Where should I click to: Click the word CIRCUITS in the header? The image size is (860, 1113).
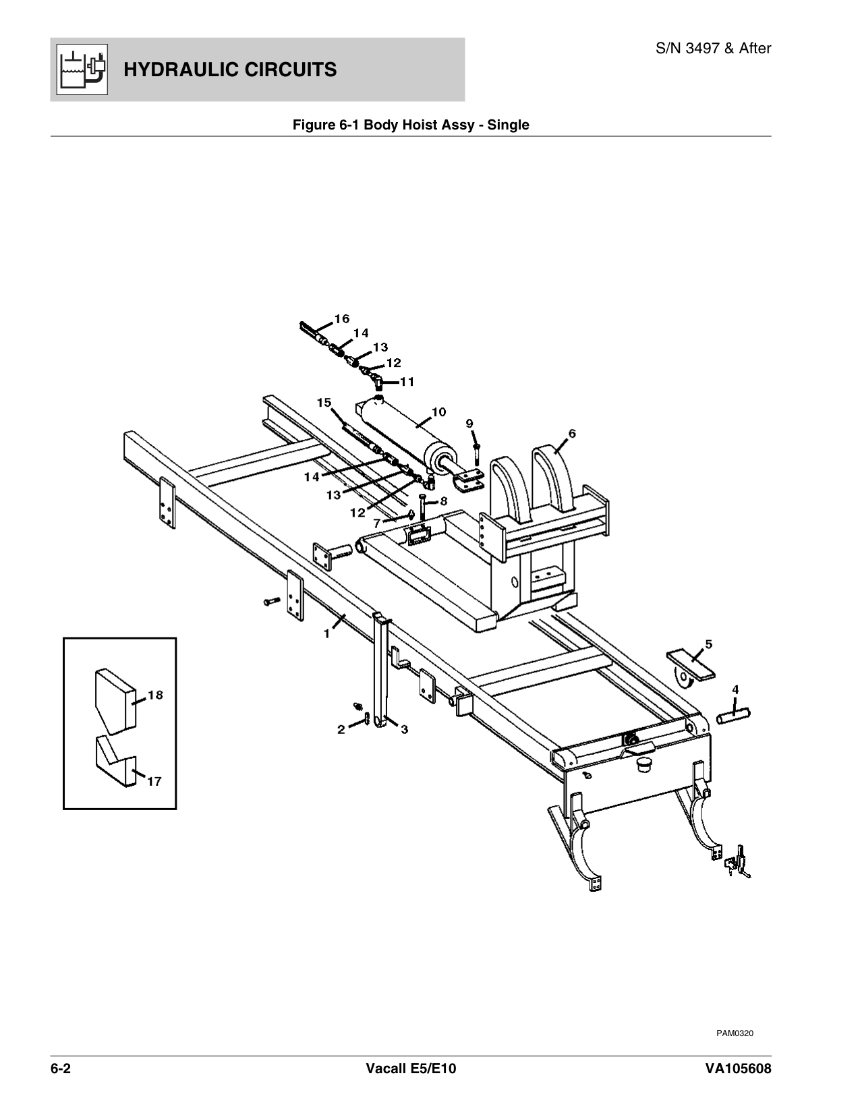283,69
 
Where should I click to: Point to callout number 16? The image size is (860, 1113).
342,318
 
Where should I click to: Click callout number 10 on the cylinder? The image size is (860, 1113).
438,411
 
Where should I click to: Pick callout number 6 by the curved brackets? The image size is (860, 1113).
571,434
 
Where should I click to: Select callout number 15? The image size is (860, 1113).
324,403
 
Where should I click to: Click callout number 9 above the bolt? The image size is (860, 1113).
470,423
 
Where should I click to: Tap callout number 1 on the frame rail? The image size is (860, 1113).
326,634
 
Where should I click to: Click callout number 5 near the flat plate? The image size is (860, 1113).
708,644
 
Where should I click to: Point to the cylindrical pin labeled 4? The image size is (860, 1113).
733,714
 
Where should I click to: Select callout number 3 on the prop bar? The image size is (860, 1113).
403,729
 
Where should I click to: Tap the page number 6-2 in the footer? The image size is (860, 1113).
61,1070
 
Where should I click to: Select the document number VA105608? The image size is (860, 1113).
735,1070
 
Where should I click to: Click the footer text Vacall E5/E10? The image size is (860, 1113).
411,1070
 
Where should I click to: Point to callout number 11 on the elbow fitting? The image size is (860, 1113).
407,382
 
